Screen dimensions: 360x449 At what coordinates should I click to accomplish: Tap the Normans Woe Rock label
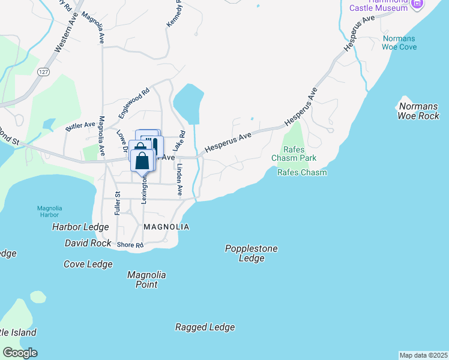tap(418, 111)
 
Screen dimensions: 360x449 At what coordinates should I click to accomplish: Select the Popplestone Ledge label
tap(252, 253)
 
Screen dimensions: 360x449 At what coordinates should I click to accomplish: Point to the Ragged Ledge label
tap(205, 327)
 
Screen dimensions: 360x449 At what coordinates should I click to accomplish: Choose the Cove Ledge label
tap(88, 264)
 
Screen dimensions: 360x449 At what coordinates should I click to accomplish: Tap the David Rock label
tap(88, 244)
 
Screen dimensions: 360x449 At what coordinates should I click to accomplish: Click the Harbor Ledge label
tap(80, 227)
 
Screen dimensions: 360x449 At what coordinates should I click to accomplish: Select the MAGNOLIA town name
tap(166, 227)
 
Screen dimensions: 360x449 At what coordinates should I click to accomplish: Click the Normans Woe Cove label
tap(399, 43)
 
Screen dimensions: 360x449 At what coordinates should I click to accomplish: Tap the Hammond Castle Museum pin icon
tap(418, 5)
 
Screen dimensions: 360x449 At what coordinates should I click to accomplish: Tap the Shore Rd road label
tap(130, 245)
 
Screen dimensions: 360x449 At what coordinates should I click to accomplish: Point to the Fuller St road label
tap(118, 203)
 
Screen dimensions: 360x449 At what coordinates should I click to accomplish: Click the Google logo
tap(20, 353)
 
